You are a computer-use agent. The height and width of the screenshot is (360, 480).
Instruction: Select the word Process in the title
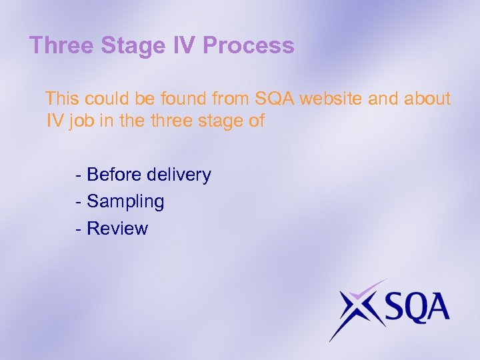click(249, 45)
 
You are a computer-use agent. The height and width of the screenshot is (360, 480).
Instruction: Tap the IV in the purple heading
click(184, 45)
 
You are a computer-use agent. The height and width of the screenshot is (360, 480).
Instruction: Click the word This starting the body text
click(62, 99)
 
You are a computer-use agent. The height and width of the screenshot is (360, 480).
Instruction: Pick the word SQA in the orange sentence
click(275, 99)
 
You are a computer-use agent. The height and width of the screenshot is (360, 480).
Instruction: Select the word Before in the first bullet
click(113, 175)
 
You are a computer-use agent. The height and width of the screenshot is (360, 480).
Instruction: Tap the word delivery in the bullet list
click(178, 175)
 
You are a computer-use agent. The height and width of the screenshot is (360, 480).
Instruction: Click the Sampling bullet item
click(125, 202)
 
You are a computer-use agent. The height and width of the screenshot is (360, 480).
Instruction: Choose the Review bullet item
click(117, 229)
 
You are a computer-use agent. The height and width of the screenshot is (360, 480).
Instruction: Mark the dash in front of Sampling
click(79, 202)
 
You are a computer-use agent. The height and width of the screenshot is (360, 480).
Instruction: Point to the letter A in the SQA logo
click(439, 309)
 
